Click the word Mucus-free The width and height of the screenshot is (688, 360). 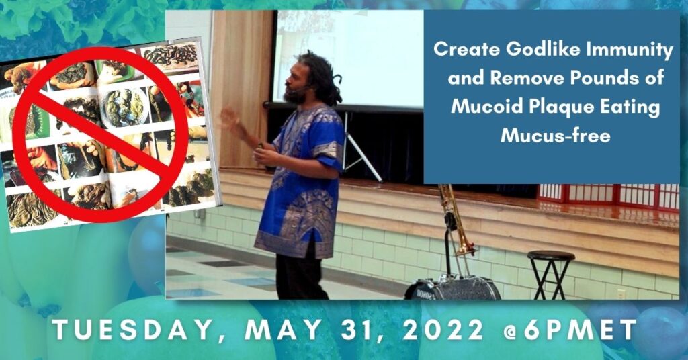click(556, 135)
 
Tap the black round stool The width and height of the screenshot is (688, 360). click(551, 273)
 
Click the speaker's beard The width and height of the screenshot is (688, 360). click(295, 95)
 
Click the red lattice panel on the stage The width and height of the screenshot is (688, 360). click(608, 195)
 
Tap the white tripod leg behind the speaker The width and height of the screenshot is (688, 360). click(362, 149)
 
